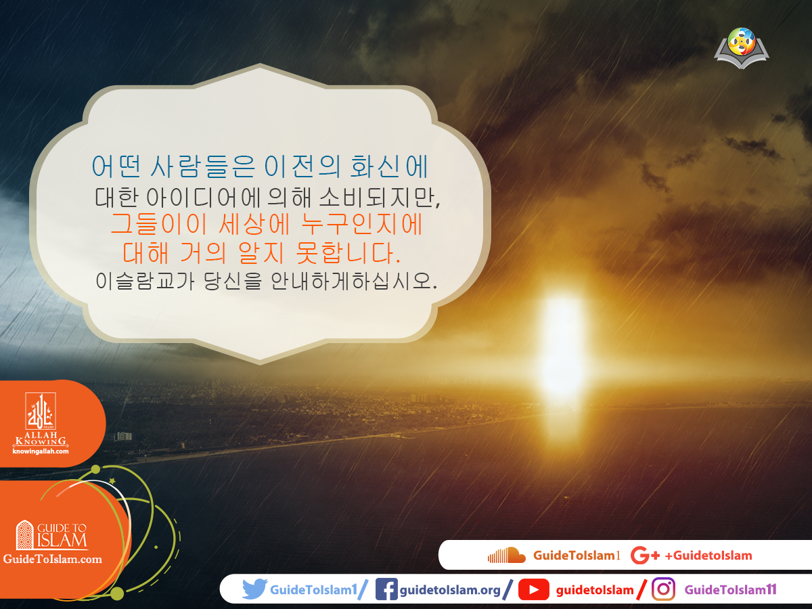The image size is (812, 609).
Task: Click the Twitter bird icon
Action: coord(254,589)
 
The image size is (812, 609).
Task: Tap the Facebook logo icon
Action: coord(386,589)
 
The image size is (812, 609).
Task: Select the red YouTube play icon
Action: coord(533,590)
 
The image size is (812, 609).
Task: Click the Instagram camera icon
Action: coord(663,589)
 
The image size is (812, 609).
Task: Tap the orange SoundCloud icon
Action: coord(506,556)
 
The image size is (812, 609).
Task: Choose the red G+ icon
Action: coord(644,556)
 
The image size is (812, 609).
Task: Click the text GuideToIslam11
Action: coord(730,590)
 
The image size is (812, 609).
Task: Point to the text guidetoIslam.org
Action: coord(450,590)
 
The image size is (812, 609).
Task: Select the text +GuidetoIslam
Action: coord(708,556)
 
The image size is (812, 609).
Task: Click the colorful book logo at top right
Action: coord(742,47)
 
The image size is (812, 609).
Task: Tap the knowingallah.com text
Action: coord(41,451)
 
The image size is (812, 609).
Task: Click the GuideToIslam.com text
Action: coord(53,559)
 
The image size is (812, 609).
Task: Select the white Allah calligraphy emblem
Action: coord(40,413)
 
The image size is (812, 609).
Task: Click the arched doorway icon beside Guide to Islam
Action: coord(25,535)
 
